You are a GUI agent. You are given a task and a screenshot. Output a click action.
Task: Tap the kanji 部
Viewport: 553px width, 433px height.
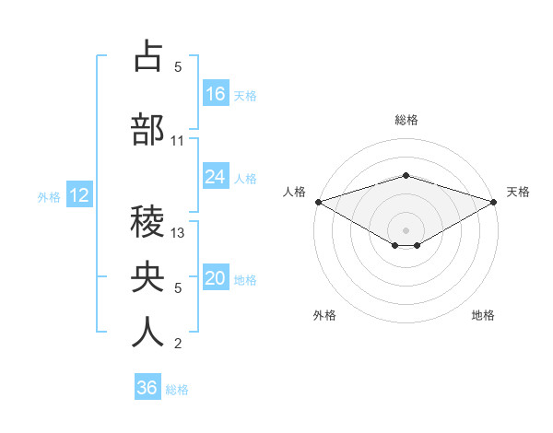click(x=147, y=130)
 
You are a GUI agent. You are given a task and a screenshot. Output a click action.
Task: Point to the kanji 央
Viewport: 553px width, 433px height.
click(x=147, y=277)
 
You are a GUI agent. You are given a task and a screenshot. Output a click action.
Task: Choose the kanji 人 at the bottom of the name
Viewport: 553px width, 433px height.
click(x=147, y=333)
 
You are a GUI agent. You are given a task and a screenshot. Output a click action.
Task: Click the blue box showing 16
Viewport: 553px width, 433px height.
click(x=216, y=94)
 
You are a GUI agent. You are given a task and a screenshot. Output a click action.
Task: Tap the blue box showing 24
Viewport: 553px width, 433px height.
click(x=216, y=177)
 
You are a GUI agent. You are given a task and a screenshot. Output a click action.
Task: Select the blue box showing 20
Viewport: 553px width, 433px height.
click(x=216, y=279)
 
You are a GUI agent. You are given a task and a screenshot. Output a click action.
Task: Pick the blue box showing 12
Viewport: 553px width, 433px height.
click(x=78, y=195)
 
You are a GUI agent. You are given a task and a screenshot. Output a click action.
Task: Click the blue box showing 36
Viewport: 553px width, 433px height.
click(x=147, y=388)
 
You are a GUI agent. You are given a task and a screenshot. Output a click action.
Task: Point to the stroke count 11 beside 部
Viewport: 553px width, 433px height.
click(x=178, y=141)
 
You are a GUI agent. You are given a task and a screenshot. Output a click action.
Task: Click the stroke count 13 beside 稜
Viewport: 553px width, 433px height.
click(x=178, y=233)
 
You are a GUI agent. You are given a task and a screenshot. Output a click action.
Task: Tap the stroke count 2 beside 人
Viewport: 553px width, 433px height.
click(x=178, y=344)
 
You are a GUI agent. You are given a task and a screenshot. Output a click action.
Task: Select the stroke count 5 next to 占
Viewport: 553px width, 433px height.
click(x=178, y=67)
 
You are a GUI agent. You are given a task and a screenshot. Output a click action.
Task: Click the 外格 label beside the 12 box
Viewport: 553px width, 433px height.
click(x=49, y=196)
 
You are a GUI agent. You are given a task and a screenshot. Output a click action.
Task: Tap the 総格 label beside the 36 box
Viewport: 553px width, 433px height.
click(x=177, y=390)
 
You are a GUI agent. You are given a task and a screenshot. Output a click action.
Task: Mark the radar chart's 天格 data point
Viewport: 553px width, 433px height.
click(x=495, y=202)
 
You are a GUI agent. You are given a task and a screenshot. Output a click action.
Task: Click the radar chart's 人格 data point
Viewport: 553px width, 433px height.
click(x=318, y=202)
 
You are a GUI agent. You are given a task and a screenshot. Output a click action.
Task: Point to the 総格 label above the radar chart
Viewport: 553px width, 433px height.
click(x=406, y=121)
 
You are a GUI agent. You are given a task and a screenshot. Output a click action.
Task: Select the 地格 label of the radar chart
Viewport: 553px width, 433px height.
click(x=483, y=315)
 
